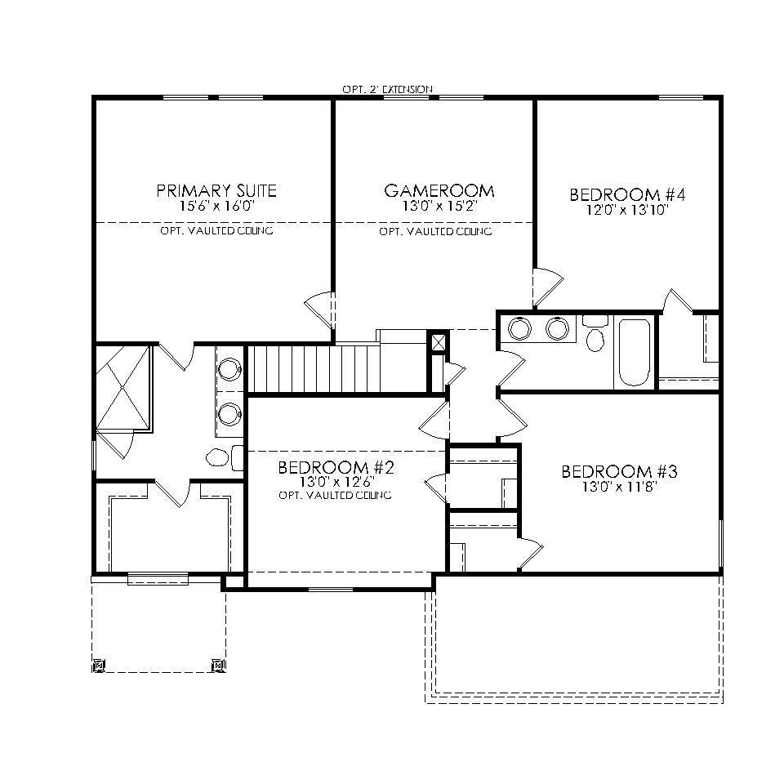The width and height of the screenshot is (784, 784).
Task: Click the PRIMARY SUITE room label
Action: pos(216,191)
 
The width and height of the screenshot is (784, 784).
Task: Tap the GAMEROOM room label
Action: pos(439,191)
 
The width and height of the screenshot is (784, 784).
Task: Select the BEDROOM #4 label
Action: pos(626,195)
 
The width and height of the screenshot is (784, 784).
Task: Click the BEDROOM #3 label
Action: pos(620,472)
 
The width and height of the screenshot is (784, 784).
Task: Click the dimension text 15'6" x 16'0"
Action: pos(216,207)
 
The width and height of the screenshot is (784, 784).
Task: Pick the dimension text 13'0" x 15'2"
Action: pos(439,207)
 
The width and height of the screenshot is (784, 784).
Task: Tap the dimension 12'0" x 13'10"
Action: pos(626,210)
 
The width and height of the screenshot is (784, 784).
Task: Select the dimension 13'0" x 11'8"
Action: pos(620,487)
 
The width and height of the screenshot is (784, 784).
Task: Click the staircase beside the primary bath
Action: pos(314,369)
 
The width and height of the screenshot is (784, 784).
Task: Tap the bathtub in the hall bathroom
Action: pos(634,352)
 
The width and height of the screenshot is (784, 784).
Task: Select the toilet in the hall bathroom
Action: pos(595,336)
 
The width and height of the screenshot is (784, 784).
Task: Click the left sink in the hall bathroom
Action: pos(519,329)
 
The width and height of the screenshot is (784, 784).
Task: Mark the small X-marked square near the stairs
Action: pos(439,342)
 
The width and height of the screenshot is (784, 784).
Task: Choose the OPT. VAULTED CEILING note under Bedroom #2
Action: pos(335,496)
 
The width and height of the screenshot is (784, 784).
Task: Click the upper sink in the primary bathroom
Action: pos(229,369)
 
